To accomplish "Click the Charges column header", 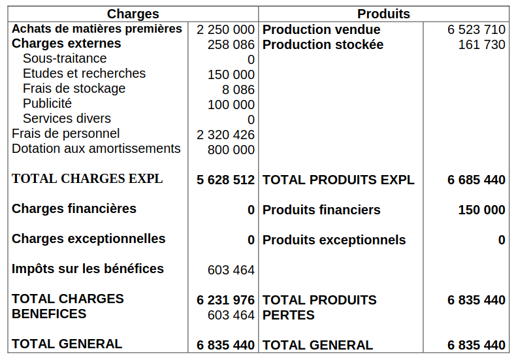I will (x=133, y=14).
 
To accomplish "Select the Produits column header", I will (x=383, y=14).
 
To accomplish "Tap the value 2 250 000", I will (x=225, y=30).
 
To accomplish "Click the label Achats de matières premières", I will (x=97, y=29).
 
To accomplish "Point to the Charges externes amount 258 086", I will (x=231, y=45).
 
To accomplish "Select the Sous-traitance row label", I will (x=65, y=59).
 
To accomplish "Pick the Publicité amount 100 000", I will (x=231, y=105).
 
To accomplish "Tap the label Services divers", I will (x=67, y=119).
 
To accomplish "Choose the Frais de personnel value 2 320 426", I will (x=225, y=135).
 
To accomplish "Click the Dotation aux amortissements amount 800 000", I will (x=231, y=150).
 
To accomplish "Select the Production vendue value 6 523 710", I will (x=476, y=30).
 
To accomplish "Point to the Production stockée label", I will (x=323, y=45).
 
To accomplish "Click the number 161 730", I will (x=481, y=45).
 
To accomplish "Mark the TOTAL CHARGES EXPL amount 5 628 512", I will (x=225, y=180).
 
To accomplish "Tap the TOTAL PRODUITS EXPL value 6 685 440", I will (x=476, y=180).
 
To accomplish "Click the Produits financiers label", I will (x=321, y=210).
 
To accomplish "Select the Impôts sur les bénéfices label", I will (x=88, y=269).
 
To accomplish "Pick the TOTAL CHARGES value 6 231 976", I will (x=225, y=300).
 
